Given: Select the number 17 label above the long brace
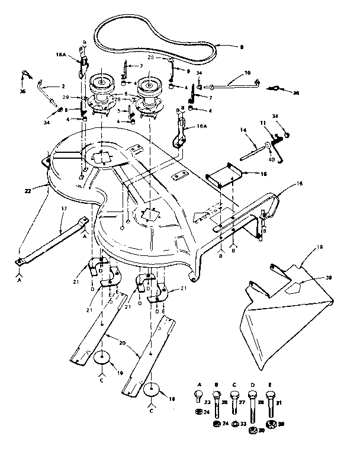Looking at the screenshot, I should point(63,209).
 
